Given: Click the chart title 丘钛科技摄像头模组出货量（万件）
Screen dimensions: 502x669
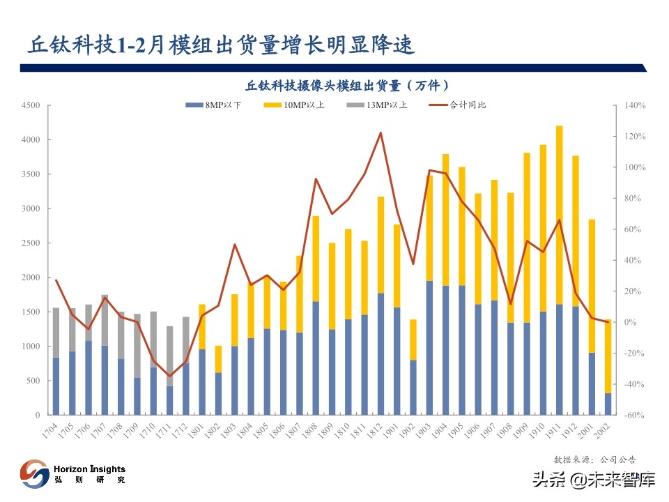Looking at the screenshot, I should pyautogui.click(x=346, y=85).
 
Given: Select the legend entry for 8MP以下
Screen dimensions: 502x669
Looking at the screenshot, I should pyautogui.click(x=214, y=105).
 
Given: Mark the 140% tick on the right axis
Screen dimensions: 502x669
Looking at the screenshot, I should pyautogui.click(x=635, y=105).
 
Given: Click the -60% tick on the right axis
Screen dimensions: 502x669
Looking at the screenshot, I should pyautogui.click(x=635, y=415).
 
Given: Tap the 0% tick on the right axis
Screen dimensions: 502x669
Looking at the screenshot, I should pyautogui.click(x=631, y=322).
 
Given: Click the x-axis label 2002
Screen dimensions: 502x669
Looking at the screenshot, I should pyautogui.click(x=605, y=429).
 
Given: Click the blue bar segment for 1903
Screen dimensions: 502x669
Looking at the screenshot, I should pyautogui.click(x=429, y=348).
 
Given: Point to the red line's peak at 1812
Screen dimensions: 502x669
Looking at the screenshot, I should pyautogui.click(x=380, y=132).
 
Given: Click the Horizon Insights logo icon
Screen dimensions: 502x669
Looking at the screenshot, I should pyautogui.click(x=34, y=473).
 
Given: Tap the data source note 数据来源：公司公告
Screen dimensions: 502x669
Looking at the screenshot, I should pyautogui.click(x=594, y=459).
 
